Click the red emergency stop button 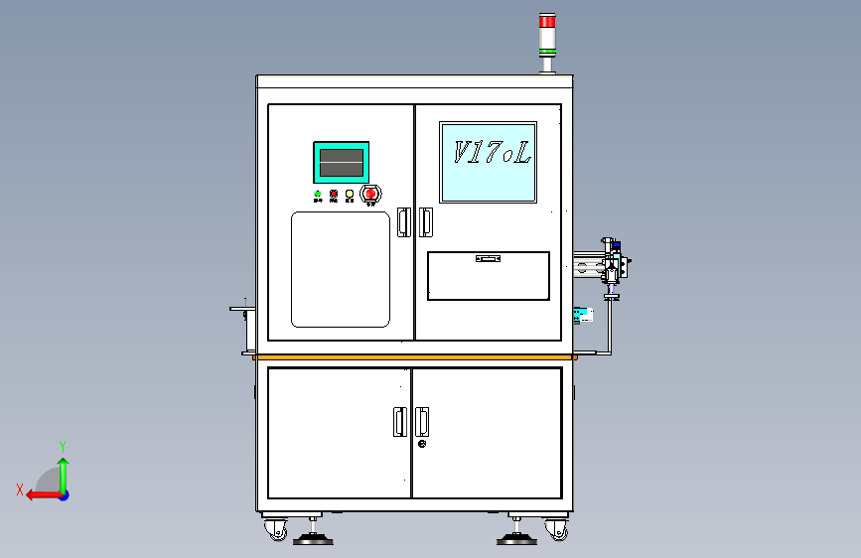(371, 193)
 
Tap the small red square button (334, 193)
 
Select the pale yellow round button (350, 193)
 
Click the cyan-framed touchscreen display (341, 162)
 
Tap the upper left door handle (403, 221)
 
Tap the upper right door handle (426, 221)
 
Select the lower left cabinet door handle (399, 421)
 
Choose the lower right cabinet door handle (423, 421)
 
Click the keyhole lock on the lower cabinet (423, 444)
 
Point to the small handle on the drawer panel (488, 258)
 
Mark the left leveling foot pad (314, 539)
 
